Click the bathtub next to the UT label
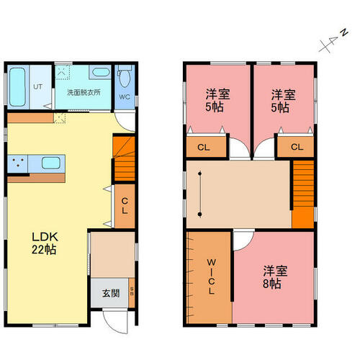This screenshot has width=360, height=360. click(x=17, y=87)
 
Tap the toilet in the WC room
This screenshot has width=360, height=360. click(x=125, y=76)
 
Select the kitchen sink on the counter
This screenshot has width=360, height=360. click(x=50, y=163)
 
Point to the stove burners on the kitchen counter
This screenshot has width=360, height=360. click(x=17, y=162)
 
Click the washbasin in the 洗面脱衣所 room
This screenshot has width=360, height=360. click(x=100, y=72)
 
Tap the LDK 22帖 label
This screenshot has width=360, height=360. click(x=45, y=243)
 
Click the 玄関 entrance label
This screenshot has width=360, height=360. click(x=111, y=293)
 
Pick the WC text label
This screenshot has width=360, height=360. click(x=125, y=97)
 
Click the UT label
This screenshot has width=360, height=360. click(x=37, y=86)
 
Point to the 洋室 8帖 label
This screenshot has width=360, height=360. click(x=275, y=276)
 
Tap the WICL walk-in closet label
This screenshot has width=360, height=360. click(x=211, y=276)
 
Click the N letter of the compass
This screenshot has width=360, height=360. click(x=345, y=32)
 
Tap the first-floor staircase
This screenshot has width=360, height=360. click(x=125, y=158)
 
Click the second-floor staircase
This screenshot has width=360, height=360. click(x=303, y=194)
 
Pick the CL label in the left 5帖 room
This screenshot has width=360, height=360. click(x=204, y=148)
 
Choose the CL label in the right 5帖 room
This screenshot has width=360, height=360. click(x=297, y=147)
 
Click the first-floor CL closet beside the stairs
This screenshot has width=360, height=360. click(x=125, y=206)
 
